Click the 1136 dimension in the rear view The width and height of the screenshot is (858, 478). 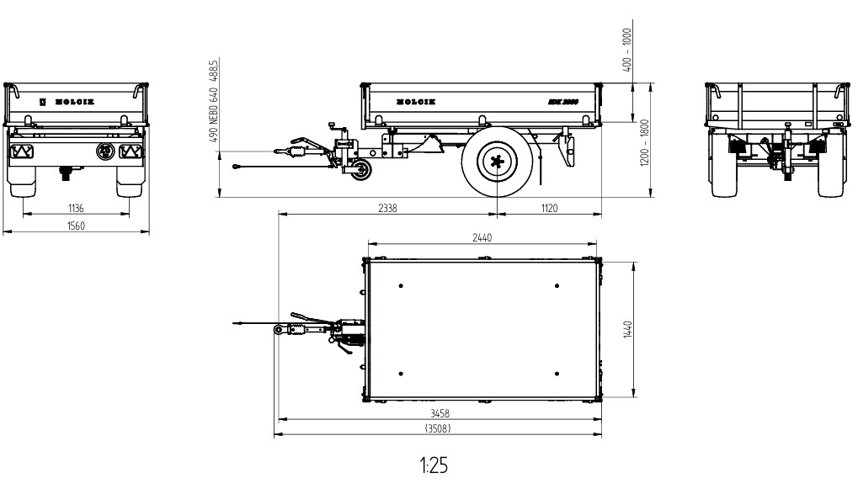[x=77, y=208]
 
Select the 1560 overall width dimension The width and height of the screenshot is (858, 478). [x=77, y=226]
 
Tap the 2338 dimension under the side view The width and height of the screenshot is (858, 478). [x=390, y=208]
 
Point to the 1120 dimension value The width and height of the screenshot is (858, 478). [x=548, y=208]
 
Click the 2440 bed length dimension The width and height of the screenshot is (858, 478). [x=482, y=238]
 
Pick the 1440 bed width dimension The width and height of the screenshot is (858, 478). [x=626, y=328]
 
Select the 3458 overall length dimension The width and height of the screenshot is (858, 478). [x=438, y=413]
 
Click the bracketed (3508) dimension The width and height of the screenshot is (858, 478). [x=438, y=429]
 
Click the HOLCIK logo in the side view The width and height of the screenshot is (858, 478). [x=416, y=101]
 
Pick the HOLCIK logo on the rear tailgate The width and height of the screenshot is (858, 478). [x=73, y=101]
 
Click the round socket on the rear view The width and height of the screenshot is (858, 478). [x=105, y=151]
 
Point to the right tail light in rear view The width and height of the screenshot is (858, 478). [x=131, y=151]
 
